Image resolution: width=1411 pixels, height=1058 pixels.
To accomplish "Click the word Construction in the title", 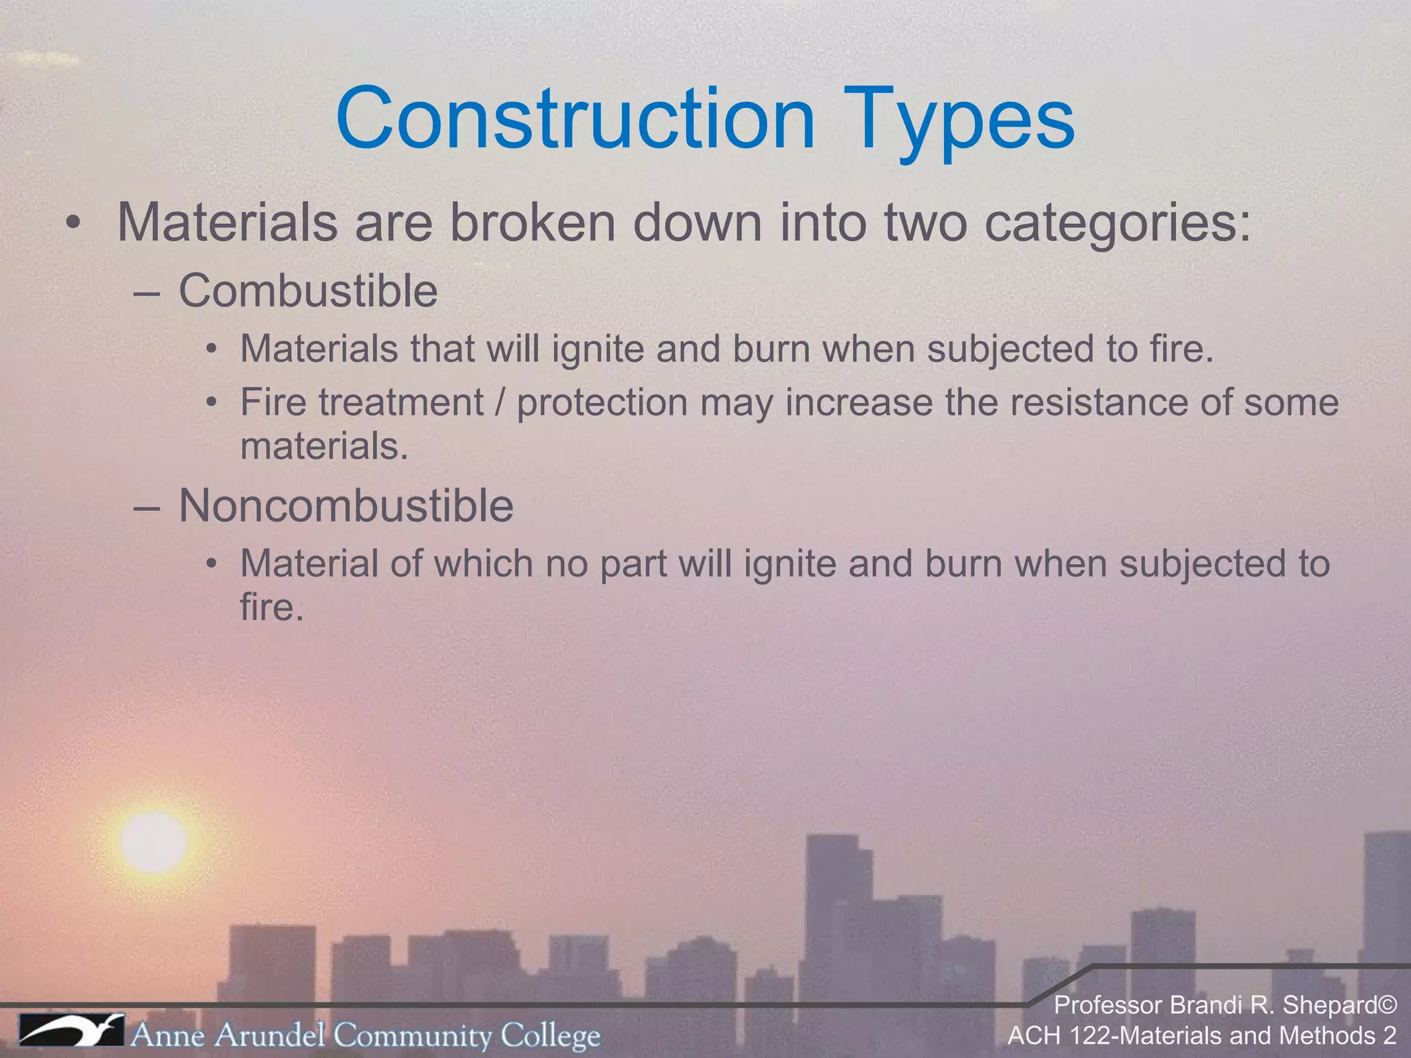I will [x=575, y=118].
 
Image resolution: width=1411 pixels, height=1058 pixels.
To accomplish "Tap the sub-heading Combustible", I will [x=308, y=291].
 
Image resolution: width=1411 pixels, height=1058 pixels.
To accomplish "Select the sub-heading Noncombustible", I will [x=346, y=506].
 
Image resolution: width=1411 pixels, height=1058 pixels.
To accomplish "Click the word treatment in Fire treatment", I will [x=401, y=402].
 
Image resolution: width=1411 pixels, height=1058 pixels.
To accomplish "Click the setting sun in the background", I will [x=153, y=842].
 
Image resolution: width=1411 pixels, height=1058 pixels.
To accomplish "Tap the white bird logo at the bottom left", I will [x=71, y=1032].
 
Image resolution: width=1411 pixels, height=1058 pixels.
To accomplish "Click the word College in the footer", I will [x=550, y=1035].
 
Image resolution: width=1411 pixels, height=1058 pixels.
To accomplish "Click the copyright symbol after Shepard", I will [x=1388, y=1005].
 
